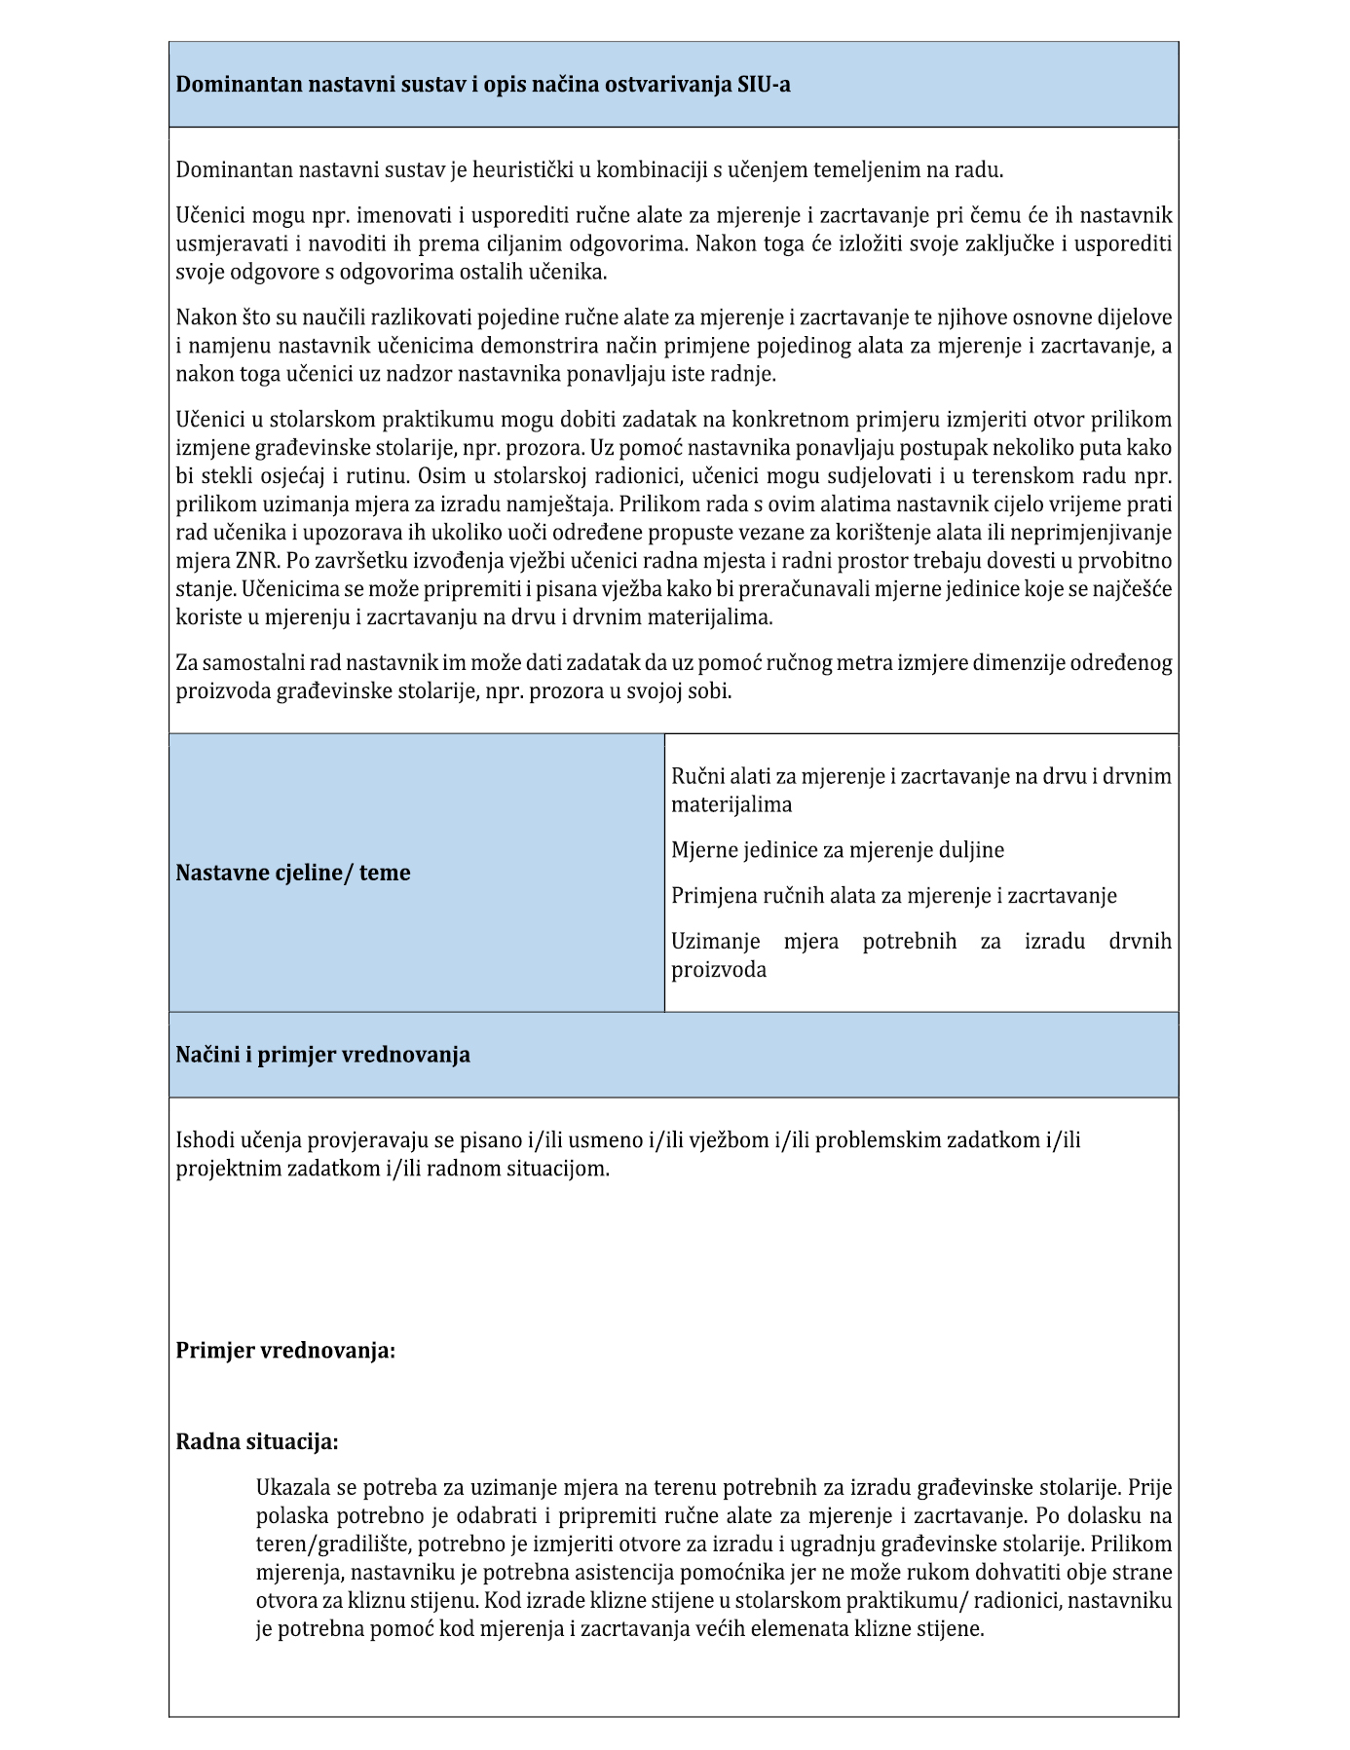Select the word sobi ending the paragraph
pyautogui.click(x=710, y=691)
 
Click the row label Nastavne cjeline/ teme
pyautogui.click(x=292, y=873)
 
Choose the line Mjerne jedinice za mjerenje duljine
pyautogui.click(x=837, y=850)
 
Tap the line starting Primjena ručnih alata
pyautogui.click(x=893, y=896)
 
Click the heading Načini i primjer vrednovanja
pyautogui.click(x=322, y=1055)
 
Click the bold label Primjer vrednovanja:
pyautogui.click(x=285, y=1351)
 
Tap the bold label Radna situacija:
pyautogui.click(x=257, y=1441)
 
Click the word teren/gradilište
pyautogui.click(x=331, y=1545)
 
